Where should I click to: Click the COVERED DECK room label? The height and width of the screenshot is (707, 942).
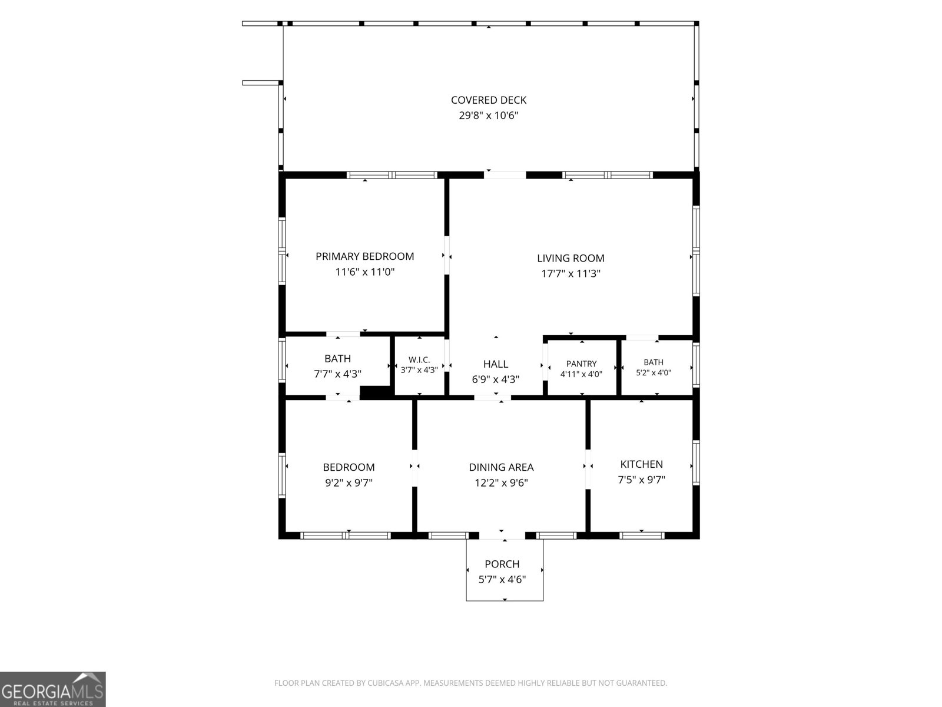(x=489, y=100)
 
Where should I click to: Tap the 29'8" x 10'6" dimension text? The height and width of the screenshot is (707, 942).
(x=489, y=115)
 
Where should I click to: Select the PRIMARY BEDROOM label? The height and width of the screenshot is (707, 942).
(x=365, y=256)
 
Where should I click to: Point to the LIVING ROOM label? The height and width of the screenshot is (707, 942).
(x=570, y=258)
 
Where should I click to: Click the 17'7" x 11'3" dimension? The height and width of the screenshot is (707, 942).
(x=570, y=273)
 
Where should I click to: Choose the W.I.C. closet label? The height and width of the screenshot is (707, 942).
(x=419, y=360)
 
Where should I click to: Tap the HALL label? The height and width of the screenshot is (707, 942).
(x=496, y=364)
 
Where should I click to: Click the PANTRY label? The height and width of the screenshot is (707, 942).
(x=581, y=364)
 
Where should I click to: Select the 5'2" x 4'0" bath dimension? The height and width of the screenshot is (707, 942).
(x=653, y=373)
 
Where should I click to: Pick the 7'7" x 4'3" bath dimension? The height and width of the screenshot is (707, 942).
(x=337, y=374)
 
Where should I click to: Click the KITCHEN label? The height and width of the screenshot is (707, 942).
(x=641, y=464)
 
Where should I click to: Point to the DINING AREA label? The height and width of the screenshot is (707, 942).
(x=501, y=467)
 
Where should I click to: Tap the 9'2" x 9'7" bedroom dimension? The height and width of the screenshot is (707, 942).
(x=349, y=483)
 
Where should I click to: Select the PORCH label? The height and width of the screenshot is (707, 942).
(x=502, y=564)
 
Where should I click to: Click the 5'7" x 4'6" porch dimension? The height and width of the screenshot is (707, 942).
(x=502, y=580)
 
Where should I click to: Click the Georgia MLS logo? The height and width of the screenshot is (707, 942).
(x=53, y=689)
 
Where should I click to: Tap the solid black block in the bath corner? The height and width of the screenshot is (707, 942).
(x=376, y=392)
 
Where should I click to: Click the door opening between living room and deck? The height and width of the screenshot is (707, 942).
(x=505, y=175)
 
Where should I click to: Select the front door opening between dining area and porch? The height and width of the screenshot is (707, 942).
(x=502, y=536)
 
